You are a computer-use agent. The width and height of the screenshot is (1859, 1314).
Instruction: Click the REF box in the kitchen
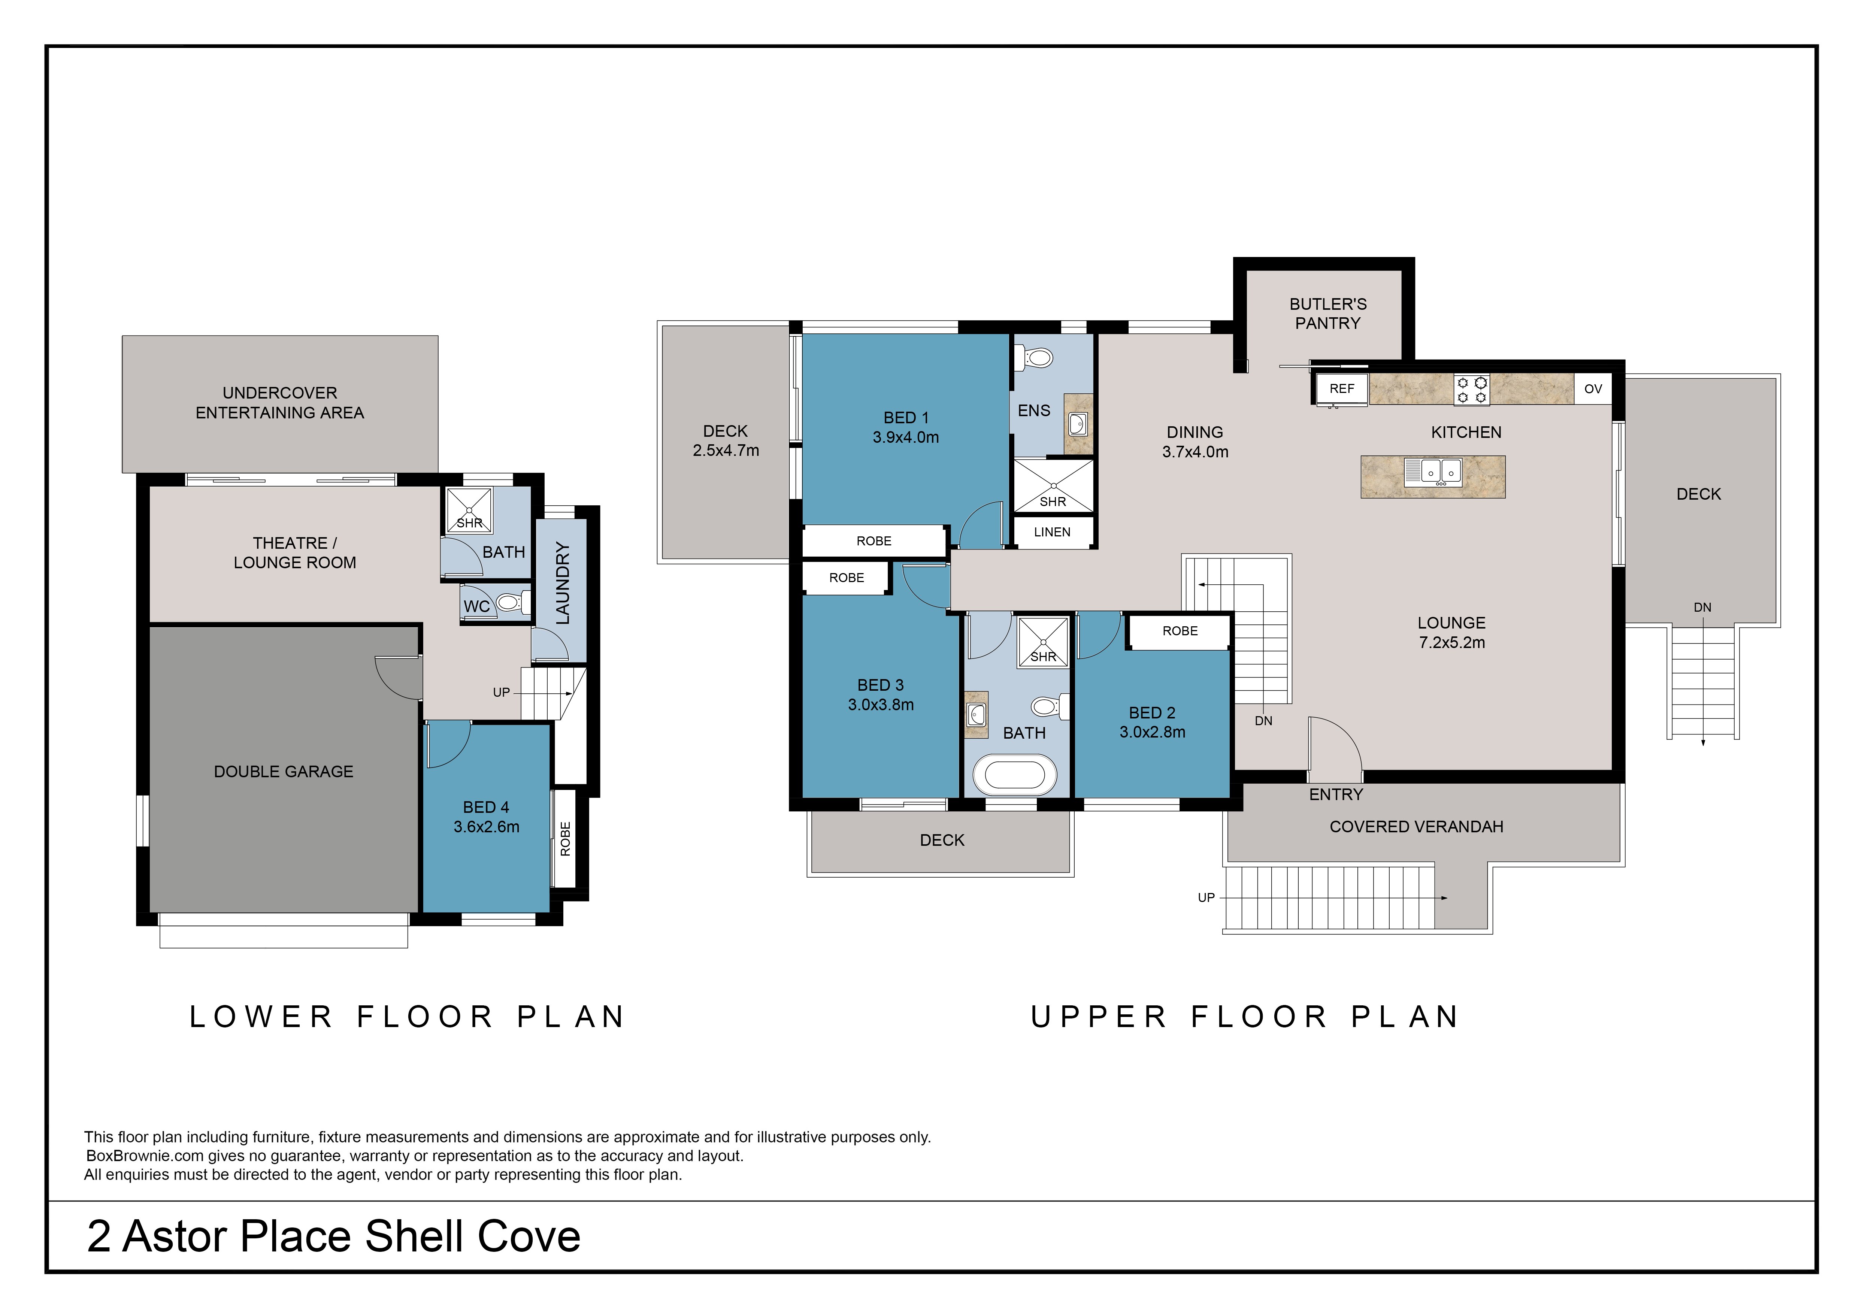[x=1342, y=388]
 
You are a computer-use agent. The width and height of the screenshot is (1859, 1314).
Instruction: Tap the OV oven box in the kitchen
[x=1593, y=388]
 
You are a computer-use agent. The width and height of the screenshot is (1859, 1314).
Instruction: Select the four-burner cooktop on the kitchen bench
[x=1471, y=390]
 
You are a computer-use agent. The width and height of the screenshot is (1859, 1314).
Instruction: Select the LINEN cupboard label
[x=1052, y=532]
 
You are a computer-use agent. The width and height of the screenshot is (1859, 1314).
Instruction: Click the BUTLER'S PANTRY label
[x=1328, y=313]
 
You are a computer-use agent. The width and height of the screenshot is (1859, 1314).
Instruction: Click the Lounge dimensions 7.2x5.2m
[x=1452, y=642]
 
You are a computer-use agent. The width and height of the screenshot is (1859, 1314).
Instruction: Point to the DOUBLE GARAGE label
[x=284, y=772]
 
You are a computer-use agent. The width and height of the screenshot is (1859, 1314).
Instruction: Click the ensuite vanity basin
[x=1078, y=423]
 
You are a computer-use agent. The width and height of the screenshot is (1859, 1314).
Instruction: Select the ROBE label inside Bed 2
[x=1180, y=631]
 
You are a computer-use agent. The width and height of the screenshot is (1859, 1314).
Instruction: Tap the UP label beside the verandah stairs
[x=1206, y=897]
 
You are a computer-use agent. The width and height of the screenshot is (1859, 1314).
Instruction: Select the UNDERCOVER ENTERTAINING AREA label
[x=280, y=402]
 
